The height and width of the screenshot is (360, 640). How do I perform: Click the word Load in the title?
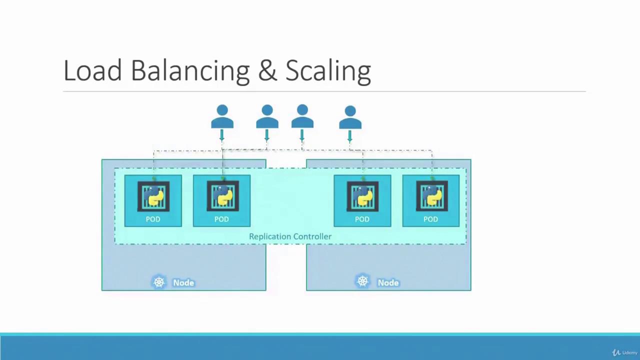[93, 70]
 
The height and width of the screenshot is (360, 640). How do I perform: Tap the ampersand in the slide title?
[267, 70]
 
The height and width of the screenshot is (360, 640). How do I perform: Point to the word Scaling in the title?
[328, 71]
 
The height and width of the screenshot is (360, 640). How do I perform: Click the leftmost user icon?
[222, 116]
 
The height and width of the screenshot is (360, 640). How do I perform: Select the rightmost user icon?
[350, 117]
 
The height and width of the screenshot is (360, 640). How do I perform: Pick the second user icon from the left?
[267, 116]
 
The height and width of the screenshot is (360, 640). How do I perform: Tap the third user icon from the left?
[302, 116]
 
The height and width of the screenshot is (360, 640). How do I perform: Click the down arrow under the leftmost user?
[221, 135]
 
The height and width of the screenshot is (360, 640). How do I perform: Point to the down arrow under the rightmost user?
[349, 136]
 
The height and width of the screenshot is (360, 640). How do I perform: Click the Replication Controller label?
[290, 236]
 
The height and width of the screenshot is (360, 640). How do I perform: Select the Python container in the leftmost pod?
[153, 196]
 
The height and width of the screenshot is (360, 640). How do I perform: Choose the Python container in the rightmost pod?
[431, 196]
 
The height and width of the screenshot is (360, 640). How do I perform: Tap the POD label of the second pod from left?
[221, 219]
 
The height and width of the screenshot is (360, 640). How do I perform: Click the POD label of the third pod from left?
[362, 219]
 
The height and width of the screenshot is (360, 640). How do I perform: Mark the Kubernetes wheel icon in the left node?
[159, 282]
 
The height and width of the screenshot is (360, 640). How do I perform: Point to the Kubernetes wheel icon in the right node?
[362, 281]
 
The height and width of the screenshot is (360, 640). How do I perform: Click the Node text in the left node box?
[183, 283]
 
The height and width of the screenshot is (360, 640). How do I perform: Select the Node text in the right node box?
[388, 283]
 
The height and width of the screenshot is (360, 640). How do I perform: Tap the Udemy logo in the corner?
[624, 352]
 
